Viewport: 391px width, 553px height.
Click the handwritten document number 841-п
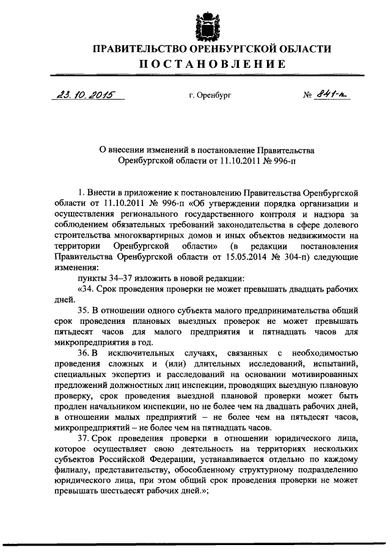click(x=334, y=95)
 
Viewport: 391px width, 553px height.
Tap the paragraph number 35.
click(x=84, y=312)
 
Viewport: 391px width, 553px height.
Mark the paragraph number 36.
click(x=84, y=354)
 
